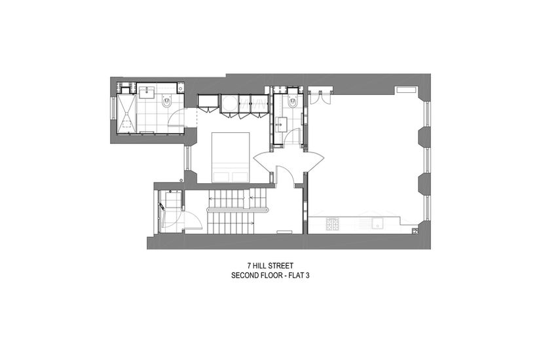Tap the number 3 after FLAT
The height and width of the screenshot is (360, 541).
click(x=307, y=276)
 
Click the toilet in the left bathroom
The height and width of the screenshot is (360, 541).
click(x=166, y=101)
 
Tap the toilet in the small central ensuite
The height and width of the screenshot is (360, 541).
click(x=293, y=101)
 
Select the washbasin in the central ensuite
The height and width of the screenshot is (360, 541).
click(x=280, y=124)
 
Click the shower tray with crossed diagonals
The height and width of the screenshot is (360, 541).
click(x=126, y=113)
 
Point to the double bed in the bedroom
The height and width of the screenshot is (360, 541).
click(x=231, y=157)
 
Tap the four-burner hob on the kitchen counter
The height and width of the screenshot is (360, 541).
click(x=333, y=224)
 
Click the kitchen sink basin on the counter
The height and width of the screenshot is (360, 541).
click(x=378, y=224)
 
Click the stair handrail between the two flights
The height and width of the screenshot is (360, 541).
click(x=238, y=209)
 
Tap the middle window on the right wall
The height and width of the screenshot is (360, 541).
click(x=428, y=162)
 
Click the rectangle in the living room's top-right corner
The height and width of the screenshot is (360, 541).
click(x=407, y=90)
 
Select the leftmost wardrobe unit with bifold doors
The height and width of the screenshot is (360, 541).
click(x=208, y=103)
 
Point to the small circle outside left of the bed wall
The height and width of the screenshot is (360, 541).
click(x=181, y=180)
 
